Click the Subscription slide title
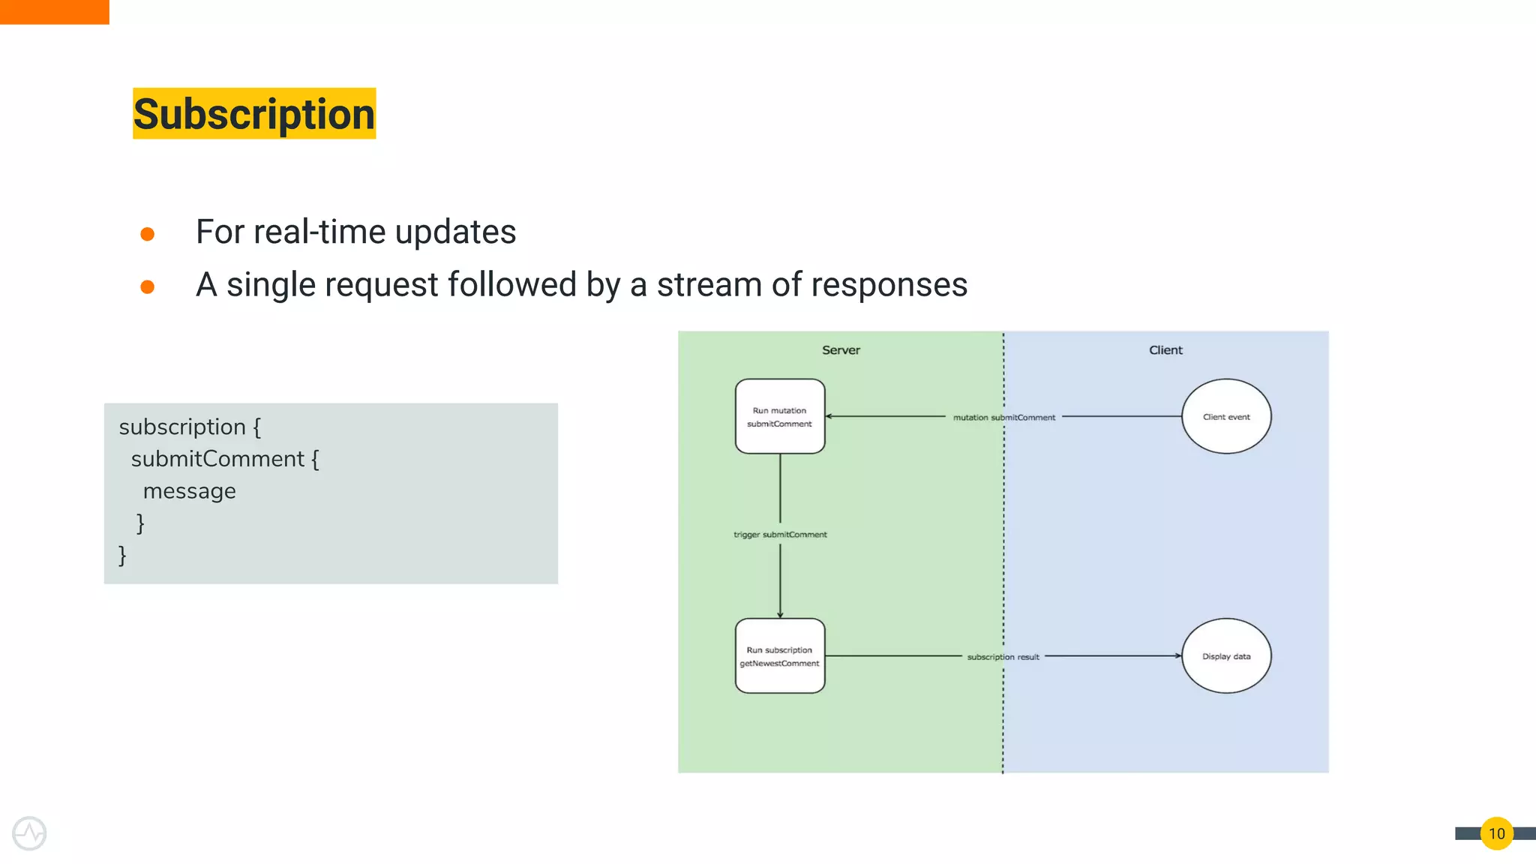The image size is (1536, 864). tap(254, 114)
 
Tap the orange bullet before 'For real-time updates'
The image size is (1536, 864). tap(148, 234)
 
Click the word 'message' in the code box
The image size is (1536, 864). tap(189, 491)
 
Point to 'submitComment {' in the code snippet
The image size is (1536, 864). tap(224, 459)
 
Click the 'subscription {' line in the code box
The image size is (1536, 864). tap(190, 427)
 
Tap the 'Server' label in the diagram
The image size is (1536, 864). tap(841, 350)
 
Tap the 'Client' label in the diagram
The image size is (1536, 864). tap(1165, 350)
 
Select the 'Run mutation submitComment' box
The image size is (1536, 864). tap(780, 417)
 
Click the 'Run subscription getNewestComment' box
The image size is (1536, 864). tap(780, 656)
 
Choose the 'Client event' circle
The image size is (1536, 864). tap(1226, 417)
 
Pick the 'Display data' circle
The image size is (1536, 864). tap(1226, 656)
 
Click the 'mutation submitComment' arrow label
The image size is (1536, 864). tap(1003, 418)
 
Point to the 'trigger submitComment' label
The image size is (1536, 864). tap(780, 535)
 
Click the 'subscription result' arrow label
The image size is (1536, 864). tap(1003, 657)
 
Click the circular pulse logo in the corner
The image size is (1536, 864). tap(29, 833)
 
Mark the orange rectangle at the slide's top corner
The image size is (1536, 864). tap(54, 12)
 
